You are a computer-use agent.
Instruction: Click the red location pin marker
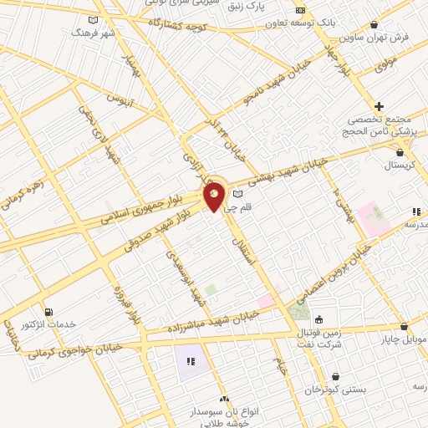[215, 196]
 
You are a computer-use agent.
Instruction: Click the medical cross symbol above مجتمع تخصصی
[380, 106]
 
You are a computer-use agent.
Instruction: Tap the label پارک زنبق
[273, 6]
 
